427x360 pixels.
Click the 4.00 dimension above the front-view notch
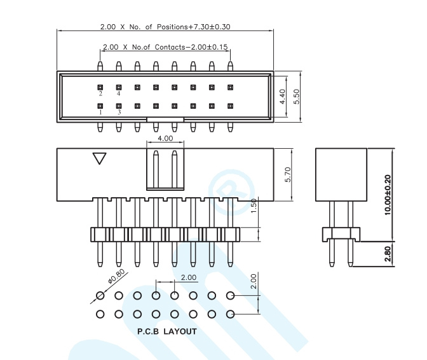point(165,138)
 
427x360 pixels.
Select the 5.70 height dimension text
point(288,174)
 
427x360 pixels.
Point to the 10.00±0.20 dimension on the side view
point(388,195)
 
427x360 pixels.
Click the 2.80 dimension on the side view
point(388,254)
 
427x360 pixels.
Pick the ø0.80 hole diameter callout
point(116,276)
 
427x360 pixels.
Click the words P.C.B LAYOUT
point(167,331)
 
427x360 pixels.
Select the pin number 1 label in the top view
point(100,113)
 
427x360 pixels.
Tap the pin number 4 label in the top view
point(118,93)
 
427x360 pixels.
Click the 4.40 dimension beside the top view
point(282,97)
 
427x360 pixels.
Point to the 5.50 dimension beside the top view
point(297,97)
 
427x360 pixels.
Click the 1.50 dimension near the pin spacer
point(254,205)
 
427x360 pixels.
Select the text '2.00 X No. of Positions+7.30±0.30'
point(165,27)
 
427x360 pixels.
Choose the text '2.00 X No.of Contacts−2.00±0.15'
point(165,47)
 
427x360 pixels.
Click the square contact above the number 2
point(100,88)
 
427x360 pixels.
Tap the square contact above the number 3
point(119,106)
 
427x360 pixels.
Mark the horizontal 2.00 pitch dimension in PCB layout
point(189,277)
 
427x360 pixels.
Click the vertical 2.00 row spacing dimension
point(254,281)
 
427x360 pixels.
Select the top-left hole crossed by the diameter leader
point(100,295)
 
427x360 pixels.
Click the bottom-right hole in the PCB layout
point(231,314)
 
